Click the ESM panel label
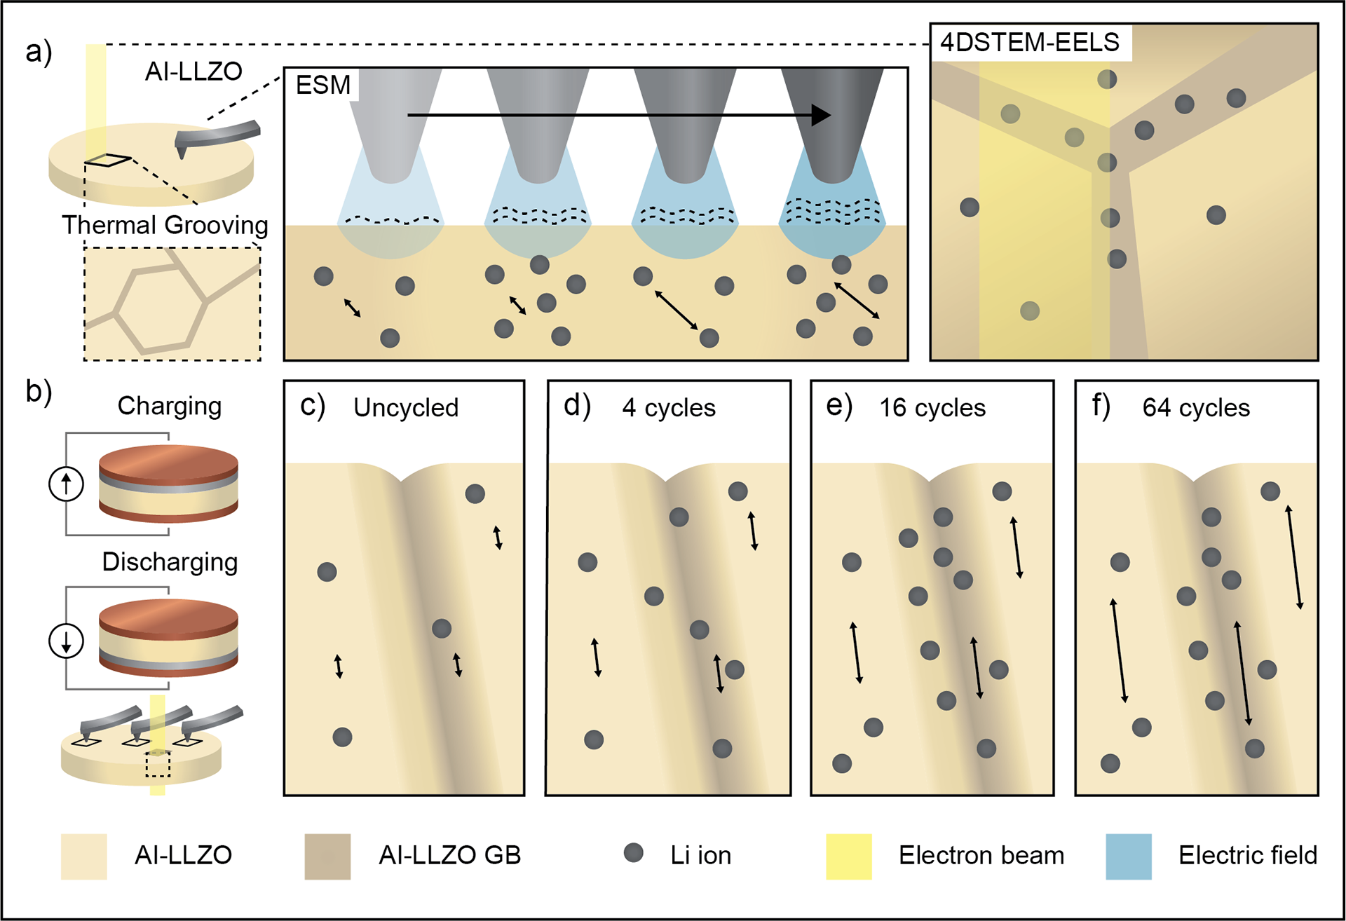[322, 85]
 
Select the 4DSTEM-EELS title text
[1029, 42]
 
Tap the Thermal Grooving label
[165, 225]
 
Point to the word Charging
[169, 406]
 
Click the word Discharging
[170, 562]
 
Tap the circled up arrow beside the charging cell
[67, 484]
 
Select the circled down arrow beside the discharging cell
[67, 641]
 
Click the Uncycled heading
[406, 407]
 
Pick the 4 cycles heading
[669, 407]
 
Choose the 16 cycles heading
[932, 407]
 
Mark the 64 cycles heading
[1196, 407]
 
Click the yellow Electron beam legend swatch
[848, 856]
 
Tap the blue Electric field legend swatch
[1128, 856]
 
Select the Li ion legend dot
[634, 852]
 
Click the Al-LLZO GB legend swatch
[327, 856]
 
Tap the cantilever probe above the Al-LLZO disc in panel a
[217, 135]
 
